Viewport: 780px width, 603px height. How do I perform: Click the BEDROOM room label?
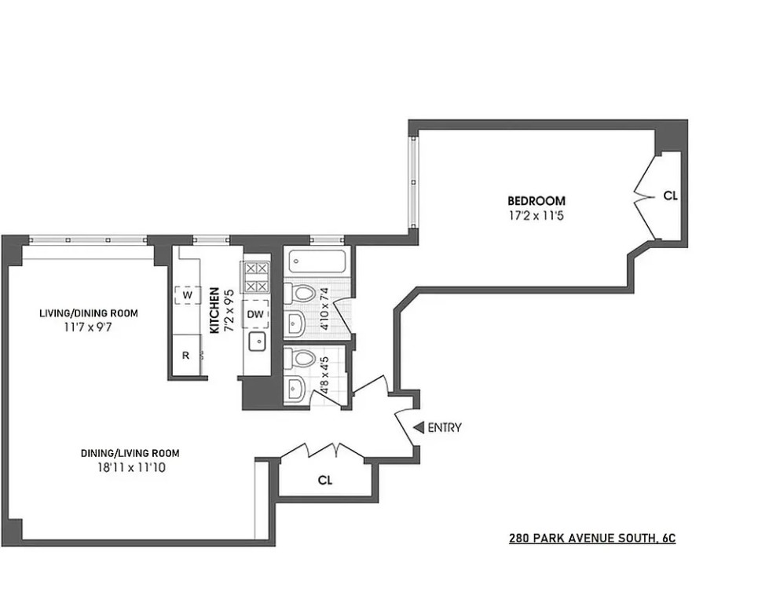point(536,201)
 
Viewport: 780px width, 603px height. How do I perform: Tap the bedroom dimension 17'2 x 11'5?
point(536,216)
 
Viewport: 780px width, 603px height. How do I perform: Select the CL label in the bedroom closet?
point(670,196)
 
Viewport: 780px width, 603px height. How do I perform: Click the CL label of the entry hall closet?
point(325,481)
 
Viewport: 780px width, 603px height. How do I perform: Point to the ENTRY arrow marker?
point(419,427)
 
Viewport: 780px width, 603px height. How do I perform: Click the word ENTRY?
point(445,428)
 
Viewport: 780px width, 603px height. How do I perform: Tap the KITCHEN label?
point(214,311)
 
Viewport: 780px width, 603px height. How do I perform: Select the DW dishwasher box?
point(255,314)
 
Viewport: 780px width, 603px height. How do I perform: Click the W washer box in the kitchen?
point(188,295)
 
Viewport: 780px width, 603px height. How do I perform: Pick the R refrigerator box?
point(186,355)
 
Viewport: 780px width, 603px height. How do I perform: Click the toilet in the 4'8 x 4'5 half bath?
point(300,358)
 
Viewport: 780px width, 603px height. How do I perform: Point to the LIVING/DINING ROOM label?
point(89,313)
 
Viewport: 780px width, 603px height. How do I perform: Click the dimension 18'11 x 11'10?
point(131,468)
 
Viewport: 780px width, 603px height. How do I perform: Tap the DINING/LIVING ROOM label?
point(130,453)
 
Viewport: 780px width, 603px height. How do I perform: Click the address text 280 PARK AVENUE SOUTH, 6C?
point(592,538)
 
